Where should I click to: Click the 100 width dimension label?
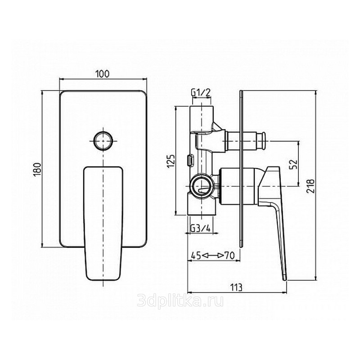(103, 74)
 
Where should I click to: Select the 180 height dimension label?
(37, 170)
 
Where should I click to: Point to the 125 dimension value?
(171, 161)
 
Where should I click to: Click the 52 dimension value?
(293, 164)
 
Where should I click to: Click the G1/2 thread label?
(201, 93)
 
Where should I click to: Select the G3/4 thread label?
(200, 229)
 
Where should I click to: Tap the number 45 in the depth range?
(196, 255)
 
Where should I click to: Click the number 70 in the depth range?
(229, 255)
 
